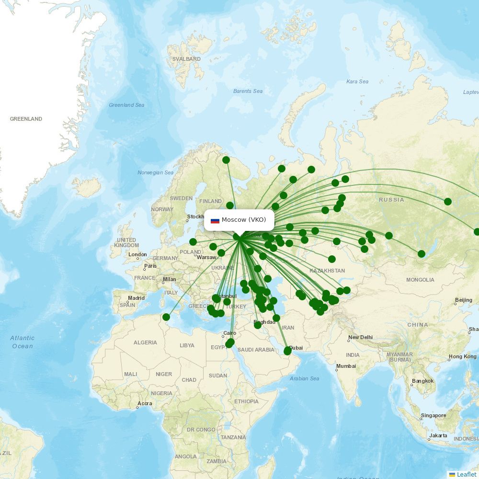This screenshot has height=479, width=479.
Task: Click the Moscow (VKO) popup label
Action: pyautogui.click(x=243, y=220)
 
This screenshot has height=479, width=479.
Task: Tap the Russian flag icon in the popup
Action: pyautogui.click(x=215, y=220)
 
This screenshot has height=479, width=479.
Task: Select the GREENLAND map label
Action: pyautogui.click(x=26, y=119)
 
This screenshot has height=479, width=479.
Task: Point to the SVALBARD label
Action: pyautogui.click(x=186, y=59)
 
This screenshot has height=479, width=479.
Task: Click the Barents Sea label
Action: pyautogui.click(x=248, y=91)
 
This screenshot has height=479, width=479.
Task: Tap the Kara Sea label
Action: pyautogui.click(x=357, y=81)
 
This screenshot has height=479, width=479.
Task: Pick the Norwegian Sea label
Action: pyautogui.click(x=155, y=172)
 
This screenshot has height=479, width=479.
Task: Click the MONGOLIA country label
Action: pyautogui.click(x=420, y=280)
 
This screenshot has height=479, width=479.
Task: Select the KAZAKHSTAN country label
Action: pyautogui.click(x=327, y=271)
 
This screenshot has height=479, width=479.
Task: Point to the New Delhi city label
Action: pyautogui.click(x=360, y=338)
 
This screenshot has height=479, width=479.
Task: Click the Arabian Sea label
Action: pyautogui.click(x=304, y=378)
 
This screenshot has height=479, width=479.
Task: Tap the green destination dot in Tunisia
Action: pyautogui.click(x=166, y=317)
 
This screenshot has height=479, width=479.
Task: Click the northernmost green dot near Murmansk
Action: pyautogui.click(x=226, y=160)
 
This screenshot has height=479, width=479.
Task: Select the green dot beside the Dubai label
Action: pyautogui.click(x=287, y=352)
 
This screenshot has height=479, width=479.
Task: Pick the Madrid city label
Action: pyautogui.click(x=136, y=298)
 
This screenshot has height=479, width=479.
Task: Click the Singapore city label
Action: pyautogui.click(x=433, y=416)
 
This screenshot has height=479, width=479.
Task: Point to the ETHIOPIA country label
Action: pyautogui.click(x=246, y=401)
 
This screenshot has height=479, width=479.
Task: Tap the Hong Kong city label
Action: pyautogui.click(x=462, y=357)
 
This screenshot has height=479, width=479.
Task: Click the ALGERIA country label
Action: pyautogui.click(x=145, y=342)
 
